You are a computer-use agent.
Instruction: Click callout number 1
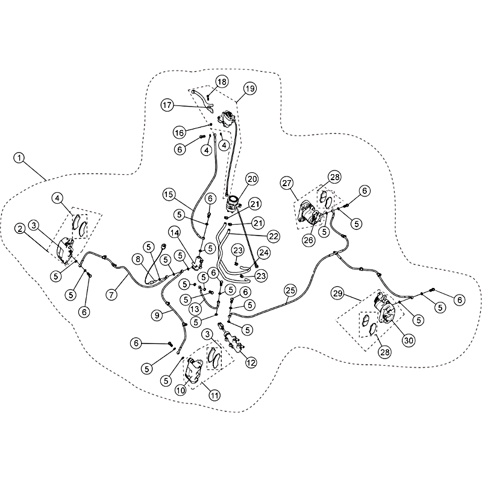click(x=19, y=158)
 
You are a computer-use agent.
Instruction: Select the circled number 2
click(x=20, y=229)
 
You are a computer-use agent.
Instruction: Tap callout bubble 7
click(x=111, y=295)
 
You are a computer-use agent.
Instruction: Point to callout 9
click(x=157, y=315)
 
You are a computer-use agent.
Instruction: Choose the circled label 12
click(x=251, y=363)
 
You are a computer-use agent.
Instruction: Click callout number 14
click(x=175, y=233)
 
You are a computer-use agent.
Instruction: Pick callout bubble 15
click(x=169, y=194)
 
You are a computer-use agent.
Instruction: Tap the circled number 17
click(x=167, y=105)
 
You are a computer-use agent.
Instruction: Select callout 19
click(x=250, y=89)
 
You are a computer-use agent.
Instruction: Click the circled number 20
click(x=252, y=179)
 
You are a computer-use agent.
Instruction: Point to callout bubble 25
click(x=290, y=290)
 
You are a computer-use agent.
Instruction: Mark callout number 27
click(x=287, y=183)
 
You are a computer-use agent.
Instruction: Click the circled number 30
click(x=409, y=340)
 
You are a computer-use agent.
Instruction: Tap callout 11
click(x=214, y=395)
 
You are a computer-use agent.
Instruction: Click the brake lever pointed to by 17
click(x=203, y=101)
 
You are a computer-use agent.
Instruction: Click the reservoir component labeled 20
click(x=233, y=204)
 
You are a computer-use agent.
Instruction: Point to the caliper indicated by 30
click(x=384, y=308)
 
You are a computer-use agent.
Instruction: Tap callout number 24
click(x=264, y=253)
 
